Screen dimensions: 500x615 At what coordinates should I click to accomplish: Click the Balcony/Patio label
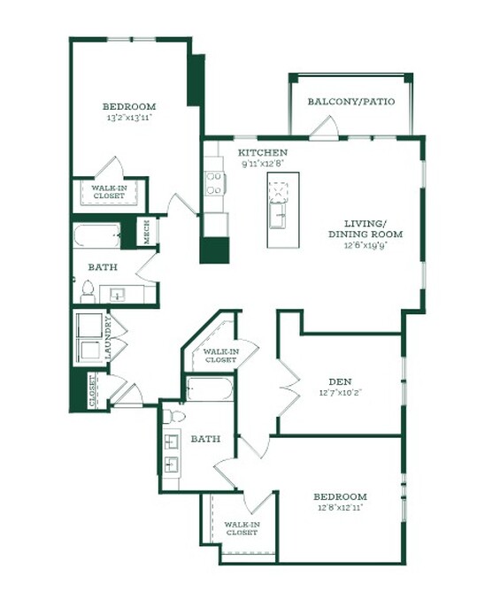351,102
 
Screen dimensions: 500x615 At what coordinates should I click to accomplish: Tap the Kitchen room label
263,152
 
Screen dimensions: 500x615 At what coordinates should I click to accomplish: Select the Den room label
340,381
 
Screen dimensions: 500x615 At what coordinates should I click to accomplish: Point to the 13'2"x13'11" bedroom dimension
129,117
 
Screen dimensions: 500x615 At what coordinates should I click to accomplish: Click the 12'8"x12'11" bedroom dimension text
340,508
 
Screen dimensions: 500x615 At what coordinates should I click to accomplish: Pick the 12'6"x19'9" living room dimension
365,245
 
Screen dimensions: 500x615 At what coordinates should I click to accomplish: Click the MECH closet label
147,232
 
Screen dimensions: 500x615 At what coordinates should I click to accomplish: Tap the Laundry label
109,338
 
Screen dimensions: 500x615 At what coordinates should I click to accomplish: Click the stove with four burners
215,184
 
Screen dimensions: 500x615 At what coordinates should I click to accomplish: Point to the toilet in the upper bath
88,292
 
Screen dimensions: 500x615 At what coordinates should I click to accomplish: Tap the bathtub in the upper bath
96,235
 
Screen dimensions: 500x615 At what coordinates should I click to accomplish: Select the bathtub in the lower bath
210,388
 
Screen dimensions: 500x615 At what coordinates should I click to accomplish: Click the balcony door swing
324,127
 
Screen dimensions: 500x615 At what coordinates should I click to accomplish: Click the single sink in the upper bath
117,295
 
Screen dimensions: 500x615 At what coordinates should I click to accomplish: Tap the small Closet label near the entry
93,391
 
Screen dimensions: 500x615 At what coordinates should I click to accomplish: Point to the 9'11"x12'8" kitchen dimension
263,164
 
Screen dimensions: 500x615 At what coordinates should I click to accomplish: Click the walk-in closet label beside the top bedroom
109,192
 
